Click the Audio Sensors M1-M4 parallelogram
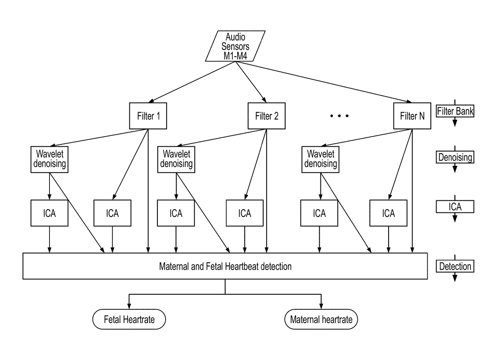235,46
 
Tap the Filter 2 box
267,116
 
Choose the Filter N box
412,116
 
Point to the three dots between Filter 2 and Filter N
339,116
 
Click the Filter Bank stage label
455,111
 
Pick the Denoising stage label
455,157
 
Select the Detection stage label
455,266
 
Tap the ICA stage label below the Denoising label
455,207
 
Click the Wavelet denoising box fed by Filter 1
49,159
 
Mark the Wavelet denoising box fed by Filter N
320,159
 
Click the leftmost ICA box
49,213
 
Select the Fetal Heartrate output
129,319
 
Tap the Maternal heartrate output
321,319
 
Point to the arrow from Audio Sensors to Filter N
325,81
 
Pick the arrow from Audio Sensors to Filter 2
251,81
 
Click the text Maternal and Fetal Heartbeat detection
225,266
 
